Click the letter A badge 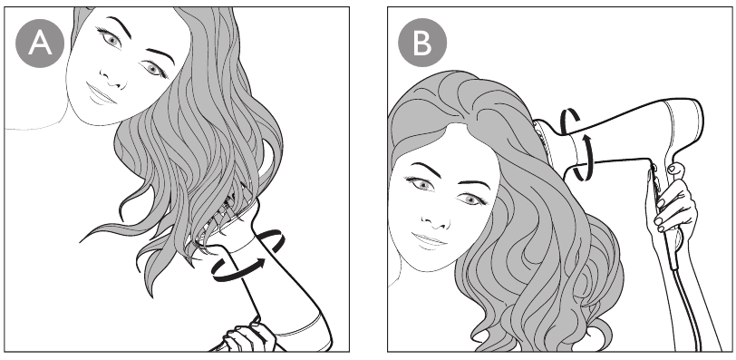point(40,44)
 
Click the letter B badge point(422,44)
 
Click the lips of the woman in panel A point(100,95)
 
